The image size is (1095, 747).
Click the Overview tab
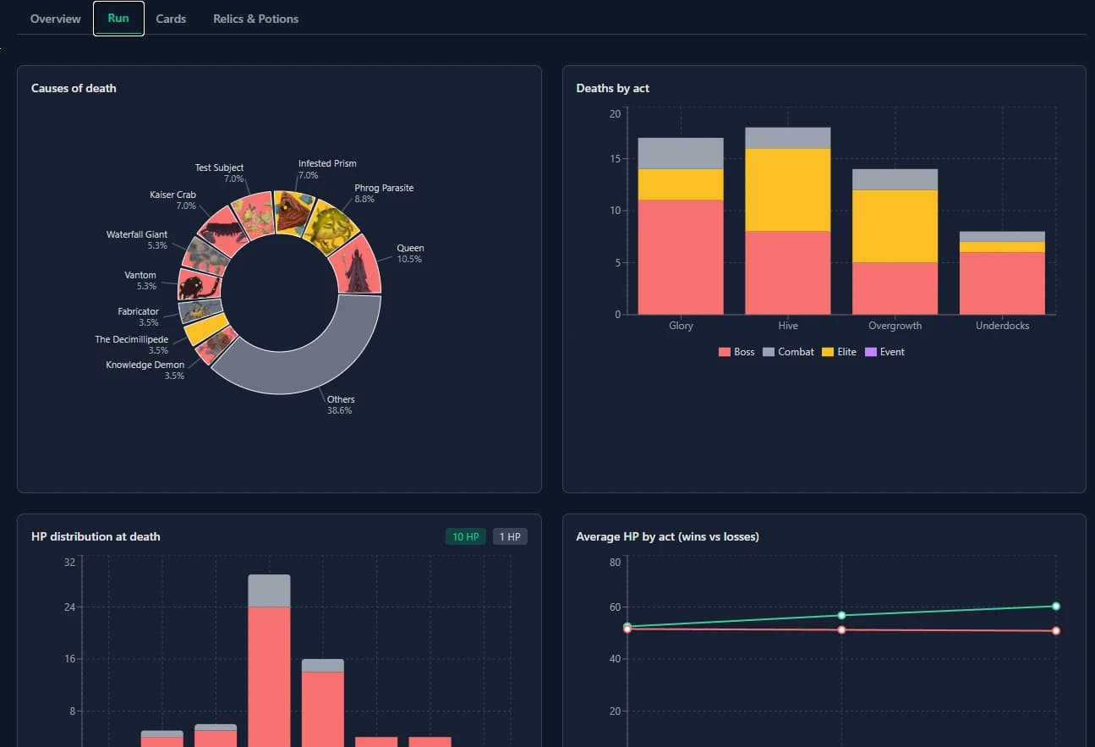[56, 19]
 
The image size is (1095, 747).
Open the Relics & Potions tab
[255, 19]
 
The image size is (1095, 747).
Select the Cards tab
[171, 19]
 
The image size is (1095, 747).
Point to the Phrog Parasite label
[384, 188]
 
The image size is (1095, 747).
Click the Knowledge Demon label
[145, 365]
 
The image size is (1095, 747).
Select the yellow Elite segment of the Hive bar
[787, 189]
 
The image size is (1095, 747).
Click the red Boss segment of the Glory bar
[681, 256]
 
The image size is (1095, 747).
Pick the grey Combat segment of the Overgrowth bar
[895, 179]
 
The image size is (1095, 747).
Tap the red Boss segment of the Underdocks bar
[1002, 283]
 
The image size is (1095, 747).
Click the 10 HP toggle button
[465, 536]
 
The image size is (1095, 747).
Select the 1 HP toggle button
[509, 536]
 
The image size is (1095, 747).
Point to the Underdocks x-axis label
[1002, 326]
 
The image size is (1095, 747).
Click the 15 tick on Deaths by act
[615, 159]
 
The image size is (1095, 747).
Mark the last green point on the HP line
[1055, 606]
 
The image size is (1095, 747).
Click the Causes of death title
[74, 88]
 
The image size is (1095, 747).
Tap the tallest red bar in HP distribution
[269, 677]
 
